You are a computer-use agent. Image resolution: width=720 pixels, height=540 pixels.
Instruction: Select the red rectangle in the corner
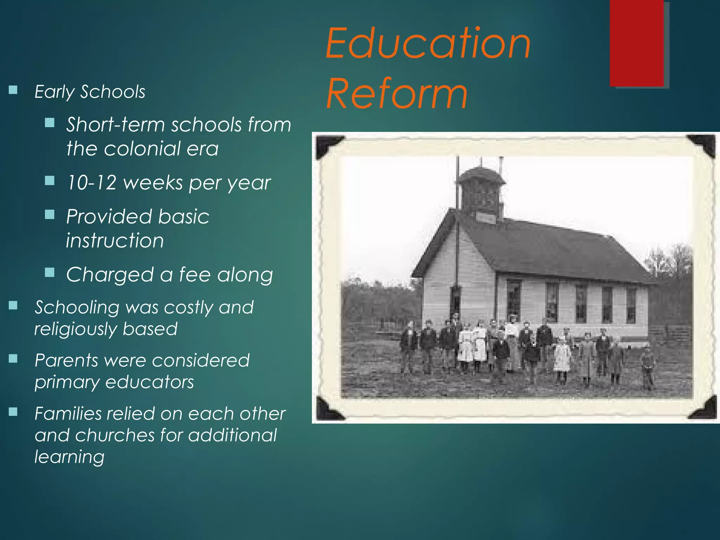637,43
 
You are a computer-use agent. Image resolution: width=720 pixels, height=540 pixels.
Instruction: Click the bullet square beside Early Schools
13,90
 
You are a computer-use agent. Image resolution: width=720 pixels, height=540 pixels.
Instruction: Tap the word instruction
115,241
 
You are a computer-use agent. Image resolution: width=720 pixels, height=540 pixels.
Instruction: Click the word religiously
75,329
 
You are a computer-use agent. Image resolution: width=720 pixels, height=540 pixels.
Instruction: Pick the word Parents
66,360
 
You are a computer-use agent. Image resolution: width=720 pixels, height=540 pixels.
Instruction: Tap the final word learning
69,457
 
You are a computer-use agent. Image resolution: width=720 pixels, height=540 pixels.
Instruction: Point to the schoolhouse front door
455,302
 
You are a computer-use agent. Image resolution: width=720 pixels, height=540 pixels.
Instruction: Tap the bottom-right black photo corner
704,409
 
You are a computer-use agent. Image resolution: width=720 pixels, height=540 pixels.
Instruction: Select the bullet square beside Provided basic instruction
50,214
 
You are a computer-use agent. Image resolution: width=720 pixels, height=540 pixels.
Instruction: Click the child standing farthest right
647,369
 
